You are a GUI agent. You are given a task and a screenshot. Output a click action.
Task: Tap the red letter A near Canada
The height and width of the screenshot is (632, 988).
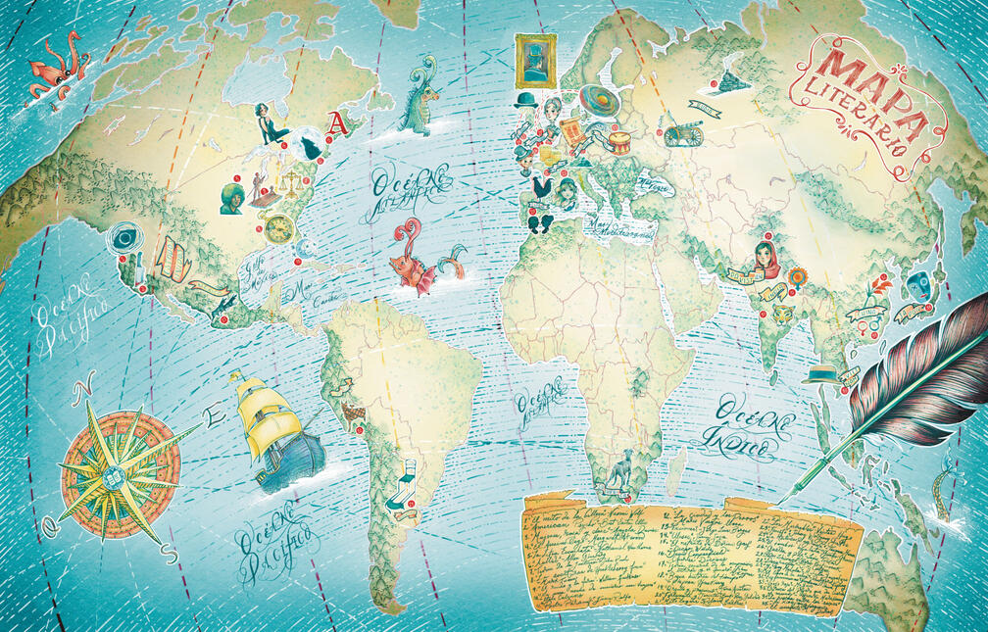click(x=337, y=122)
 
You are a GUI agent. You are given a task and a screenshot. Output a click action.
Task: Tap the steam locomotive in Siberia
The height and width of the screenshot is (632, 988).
click(x=729, y=82)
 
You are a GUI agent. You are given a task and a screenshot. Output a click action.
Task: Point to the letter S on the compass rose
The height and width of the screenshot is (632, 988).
click(x=172, y=555)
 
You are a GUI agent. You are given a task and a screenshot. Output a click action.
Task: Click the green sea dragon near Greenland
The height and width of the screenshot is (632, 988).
click(x=420, y=99)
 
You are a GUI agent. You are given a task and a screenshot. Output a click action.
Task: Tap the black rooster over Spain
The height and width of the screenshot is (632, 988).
click(x=540, y=187)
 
